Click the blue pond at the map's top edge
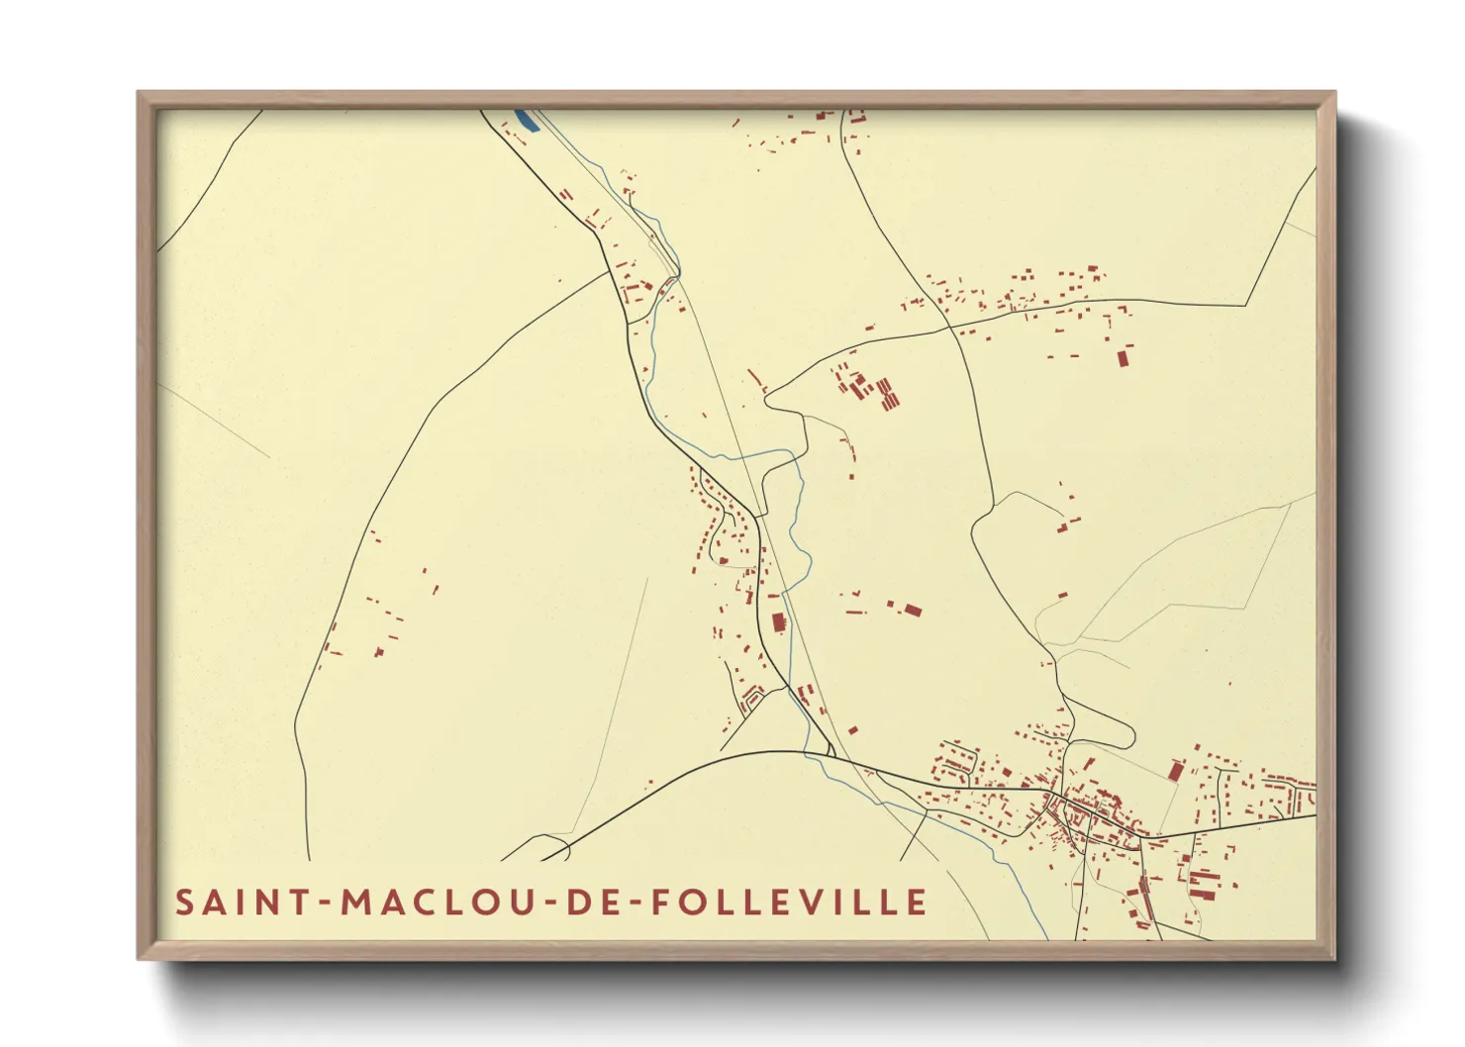tap(527, 121)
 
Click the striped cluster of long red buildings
tap(887, 393)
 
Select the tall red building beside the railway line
tap(778, 622)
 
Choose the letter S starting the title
tap(185, 903)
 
